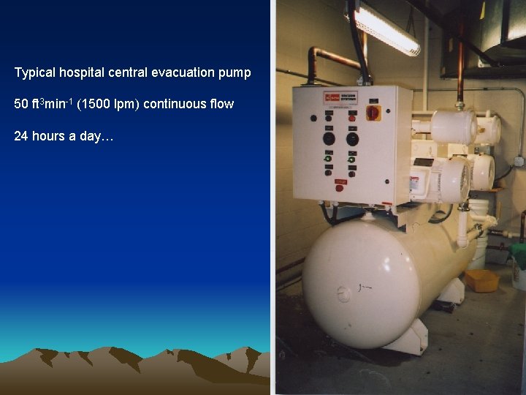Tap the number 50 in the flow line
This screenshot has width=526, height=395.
pyautogui.click(x=20, y=104)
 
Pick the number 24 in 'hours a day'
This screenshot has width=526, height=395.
pyautogui.click(x=20, y=136)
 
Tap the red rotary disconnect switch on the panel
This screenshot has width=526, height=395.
pyautogui.click(x=373, y=113)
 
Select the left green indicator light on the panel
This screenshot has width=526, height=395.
pyautogui.click(x=328, y=158)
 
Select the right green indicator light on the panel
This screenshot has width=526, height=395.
pyautogui.click(x=351, y=159)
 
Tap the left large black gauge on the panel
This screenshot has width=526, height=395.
pyautogui.click(x=329, y=138)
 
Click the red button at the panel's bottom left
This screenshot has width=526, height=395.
pyautogui.click(x=339, y=187)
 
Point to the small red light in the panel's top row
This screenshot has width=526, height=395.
pyautogui.click(x=352, y=118)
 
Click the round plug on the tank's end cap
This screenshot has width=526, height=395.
pyautogui.click(x=344, y=294)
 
